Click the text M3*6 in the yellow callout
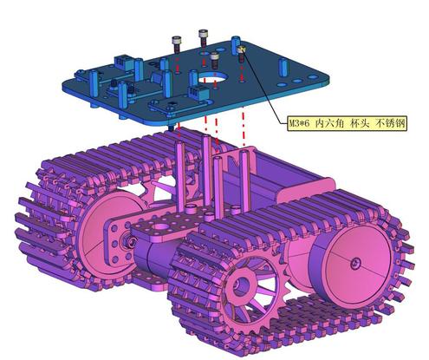tap(300, 123)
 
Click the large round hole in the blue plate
tap(212, 77)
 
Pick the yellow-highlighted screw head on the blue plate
tap(241, 49)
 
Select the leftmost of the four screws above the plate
tap(177, 44)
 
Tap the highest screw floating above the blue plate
tap(204, 37)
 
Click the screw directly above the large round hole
tap(214, 60)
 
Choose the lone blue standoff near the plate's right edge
tap(283, 67)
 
